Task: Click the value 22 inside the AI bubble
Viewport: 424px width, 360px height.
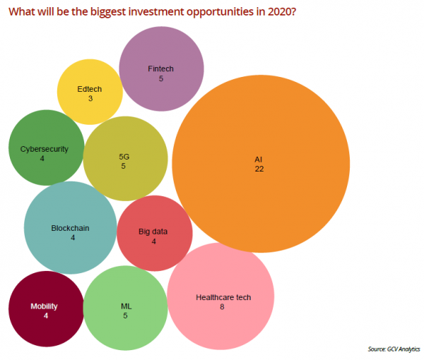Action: (x=259, y=170)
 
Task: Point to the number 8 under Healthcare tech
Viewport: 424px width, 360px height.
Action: (x=222, y=307)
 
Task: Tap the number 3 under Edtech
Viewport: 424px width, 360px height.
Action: (x=90, y=99)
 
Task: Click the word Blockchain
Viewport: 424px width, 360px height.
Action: (x=70, y=228)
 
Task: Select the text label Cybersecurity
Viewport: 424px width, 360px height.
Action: (x=43, y=149)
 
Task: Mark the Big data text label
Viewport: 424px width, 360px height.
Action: (x=154, y=232)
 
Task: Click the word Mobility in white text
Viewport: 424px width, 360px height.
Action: (x=44, y=306)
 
